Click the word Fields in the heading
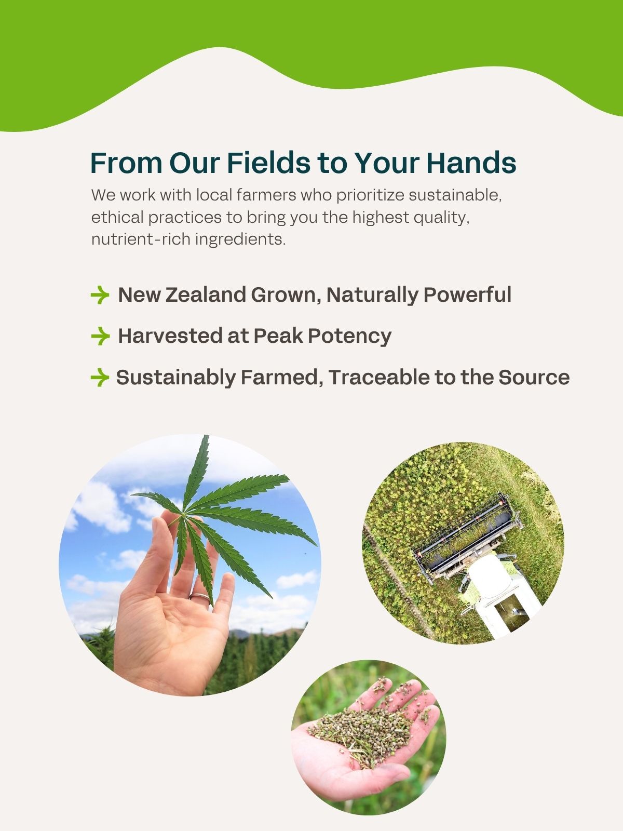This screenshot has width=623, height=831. click(269, 163)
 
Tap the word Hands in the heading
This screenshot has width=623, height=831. click(471, 163)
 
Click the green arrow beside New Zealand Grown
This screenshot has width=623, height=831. click(100, 295)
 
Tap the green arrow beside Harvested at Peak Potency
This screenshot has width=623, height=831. click(100, 336)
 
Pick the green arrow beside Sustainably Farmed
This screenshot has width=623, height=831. click(100, 378)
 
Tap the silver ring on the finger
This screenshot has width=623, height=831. click(200, 597)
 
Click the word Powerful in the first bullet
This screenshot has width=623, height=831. click(468, 294)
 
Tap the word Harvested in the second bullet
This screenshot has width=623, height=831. click(170, 336)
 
